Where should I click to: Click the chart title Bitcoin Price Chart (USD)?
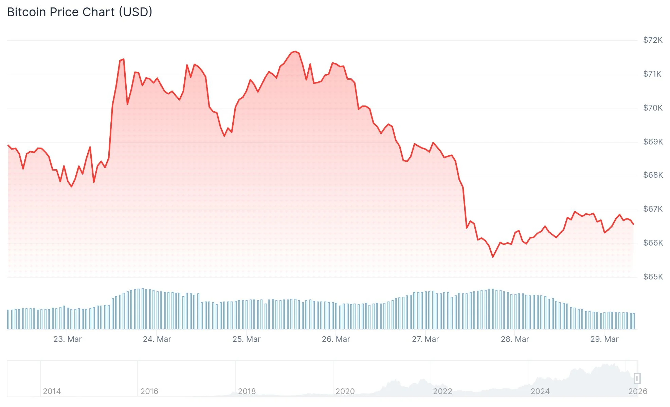(x=79, y=12)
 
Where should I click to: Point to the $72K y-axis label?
(x=652, y=40)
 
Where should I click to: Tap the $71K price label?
(x=652, y=74)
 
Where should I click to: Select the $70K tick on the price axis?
(x=652, y=108)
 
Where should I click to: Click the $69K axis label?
(x=653, y=142)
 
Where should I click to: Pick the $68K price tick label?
(x=653, y=175)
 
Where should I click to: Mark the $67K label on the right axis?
(x=653, y=209)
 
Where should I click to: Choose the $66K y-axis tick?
(x=653, y=243)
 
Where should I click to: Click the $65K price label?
(x=653, y=277)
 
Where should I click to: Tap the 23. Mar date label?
(x=68, y=339)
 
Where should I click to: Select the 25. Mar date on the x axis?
(x=246, y=339)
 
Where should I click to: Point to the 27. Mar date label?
(x=425, y=339)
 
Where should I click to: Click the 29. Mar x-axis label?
(x=604, y=339)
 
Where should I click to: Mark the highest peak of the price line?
(x=295, y=52)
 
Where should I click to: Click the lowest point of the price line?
(x=493, y=257)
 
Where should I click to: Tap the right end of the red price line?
(x=633, y=224)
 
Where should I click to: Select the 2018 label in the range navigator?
(x=247, y=391)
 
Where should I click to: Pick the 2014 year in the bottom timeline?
(x=52, y=391)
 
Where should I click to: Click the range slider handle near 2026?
(x=637, y=378)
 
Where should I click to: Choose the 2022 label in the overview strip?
(x=442, y=391)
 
